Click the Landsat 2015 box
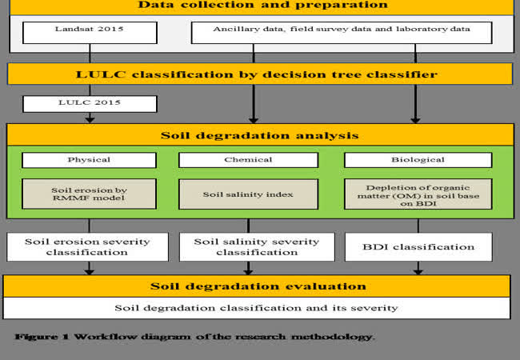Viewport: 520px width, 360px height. point(90,33)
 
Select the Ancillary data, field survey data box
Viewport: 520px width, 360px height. point(342,33)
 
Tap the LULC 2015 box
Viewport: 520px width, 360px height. point(90,104)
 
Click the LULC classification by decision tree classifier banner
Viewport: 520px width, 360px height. point(260,74)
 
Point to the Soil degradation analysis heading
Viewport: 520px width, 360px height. point(260,135)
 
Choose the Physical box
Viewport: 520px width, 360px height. point(89,160)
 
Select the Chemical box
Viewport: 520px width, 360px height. point(248,160)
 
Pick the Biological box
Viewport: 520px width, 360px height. point(418,160)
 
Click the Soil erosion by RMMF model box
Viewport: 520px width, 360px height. point(89,194)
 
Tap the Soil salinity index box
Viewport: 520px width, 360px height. point(248,194)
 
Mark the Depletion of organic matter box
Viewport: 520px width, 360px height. point(418,194)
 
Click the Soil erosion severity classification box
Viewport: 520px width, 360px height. point(87,247)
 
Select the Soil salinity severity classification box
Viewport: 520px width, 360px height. point(257,247)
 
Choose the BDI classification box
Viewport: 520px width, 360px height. point(418,247)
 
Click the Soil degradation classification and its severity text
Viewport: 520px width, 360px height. point(256,308)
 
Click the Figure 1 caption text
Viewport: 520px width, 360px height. point(194,337)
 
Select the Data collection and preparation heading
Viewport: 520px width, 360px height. point(262,5)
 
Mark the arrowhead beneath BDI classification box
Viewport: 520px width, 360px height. point(418,271)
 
